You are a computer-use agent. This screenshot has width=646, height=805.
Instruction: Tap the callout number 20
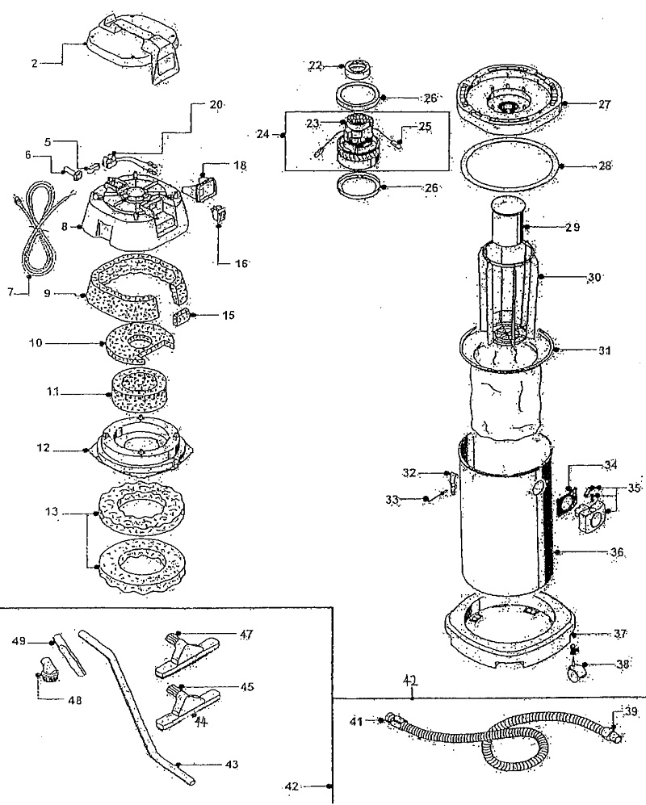[x=216, y=104]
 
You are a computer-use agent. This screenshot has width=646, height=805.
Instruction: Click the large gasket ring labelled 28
[x=511, y=165]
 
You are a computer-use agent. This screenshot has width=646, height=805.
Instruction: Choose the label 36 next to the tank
[x=616, y=552]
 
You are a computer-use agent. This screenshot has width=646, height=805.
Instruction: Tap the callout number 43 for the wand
[x=231, y=764]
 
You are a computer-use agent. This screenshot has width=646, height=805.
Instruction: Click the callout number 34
[x=610, y=465]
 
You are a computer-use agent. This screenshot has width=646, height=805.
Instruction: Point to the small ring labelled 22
[x=355, y=68]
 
